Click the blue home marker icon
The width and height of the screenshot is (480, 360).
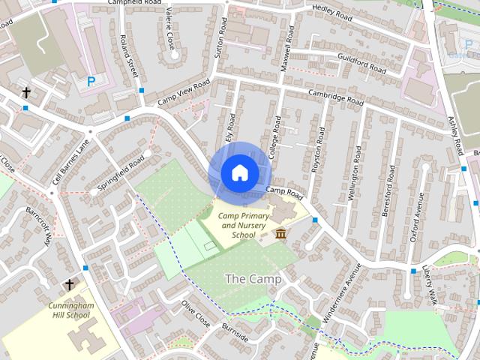click(x=239, y=172)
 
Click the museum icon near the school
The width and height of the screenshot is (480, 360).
click(x=280, y=235)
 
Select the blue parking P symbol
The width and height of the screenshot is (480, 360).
click(x=91, y=81)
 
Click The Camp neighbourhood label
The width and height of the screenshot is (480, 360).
click(x=253, y=279)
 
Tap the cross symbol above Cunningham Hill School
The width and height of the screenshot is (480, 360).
click(x=70, y=285)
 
